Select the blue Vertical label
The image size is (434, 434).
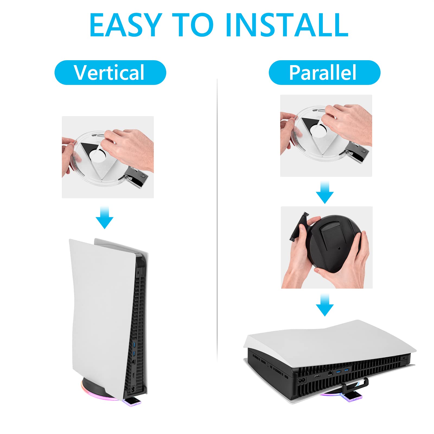pyautogui.click(x=110, y=72)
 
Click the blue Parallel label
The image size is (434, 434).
pyautogui.click(x=324, y=72)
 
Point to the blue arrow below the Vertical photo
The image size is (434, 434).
pyautogui.click(x=105, y=217)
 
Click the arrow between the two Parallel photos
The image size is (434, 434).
pyautogui.click(x=325, y=193)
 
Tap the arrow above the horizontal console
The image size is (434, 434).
pyautogui.click(x=325, y=305)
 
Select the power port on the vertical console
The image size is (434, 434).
pyautogui.click(x=133, y=390)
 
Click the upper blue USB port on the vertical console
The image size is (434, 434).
pyautogui.click(x=134, y=345)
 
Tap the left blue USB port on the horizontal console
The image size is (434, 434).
pyautogui.click(x=338, y=371)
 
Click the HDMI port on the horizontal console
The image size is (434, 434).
pyautogui.click(x=317, y=376)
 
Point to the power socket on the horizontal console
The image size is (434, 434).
pyautogui.click(x=302, y=380)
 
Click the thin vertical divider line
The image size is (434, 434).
pyautogui.click(x=217, y=220)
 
